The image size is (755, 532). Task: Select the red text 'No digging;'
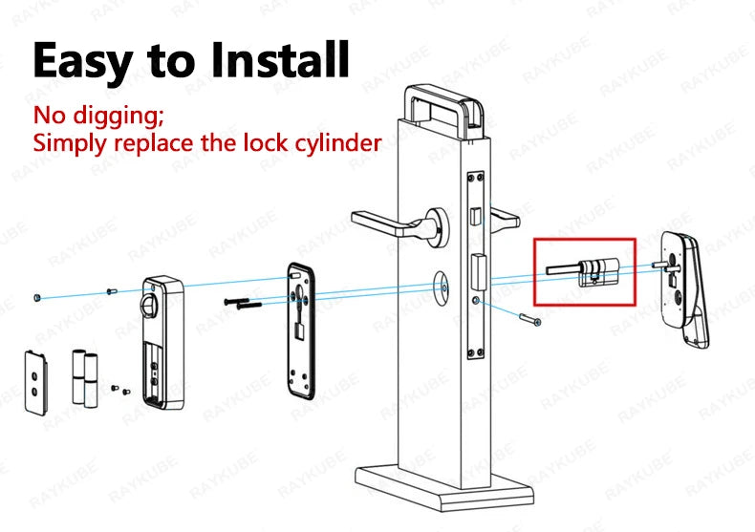(99, 117)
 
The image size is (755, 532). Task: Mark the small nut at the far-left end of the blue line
(35, 298)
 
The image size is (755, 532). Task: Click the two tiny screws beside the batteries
(119, 389)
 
